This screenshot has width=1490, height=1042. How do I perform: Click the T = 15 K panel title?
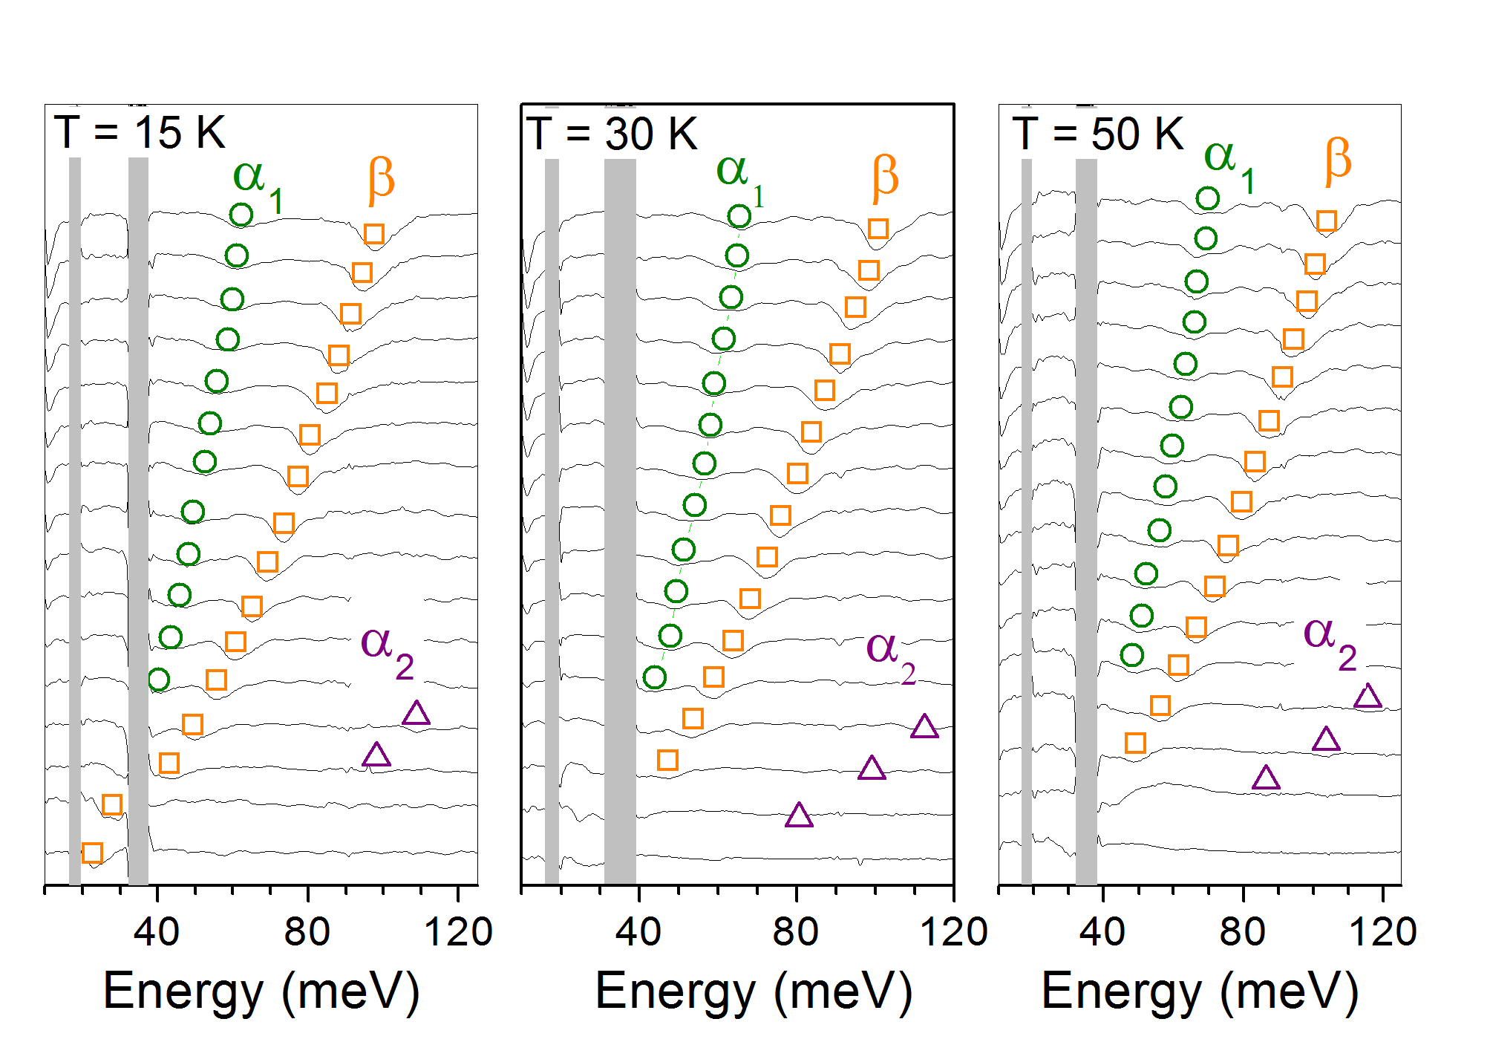[140, 134]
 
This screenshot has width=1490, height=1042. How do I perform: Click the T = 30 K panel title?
[612, 134]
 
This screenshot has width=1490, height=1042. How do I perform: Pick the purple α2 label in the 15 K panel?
[387, 648]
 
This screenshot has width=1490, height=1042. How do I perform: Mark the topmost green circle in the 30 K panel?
[739, 217]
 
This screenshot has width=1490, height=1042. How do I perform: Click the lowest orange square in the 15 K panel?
[92, 853]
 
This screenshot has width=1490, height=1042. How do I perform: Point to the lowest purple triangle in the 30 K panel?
[799, 816]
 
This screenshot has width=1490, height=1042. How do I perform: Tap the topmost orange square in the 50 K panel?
[1327, 221]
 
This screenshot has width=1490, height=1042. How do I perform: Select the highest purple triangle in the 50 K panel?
[1368, 697]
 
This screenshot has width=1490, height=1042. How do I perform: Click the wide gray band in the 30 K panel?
[620, 520]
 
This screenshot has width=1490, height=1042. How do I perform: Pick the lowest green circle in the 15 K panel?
[159, 679]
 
